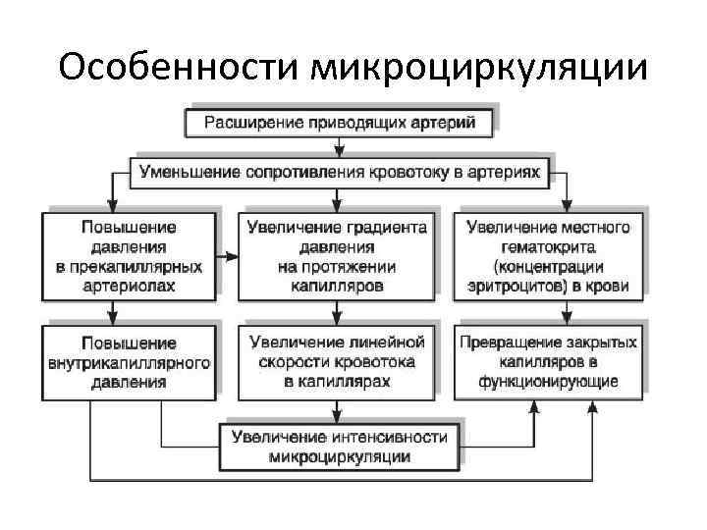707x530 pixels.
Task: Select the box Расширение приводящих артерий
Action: tap(339, 123)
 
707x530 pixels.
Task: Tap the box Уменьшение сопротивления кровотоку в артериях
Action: tap(339, 171)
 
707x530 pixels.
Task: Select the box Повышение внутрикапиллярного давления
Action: tap(129, 362)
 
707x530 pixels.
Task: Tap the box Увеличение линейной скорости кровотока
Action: tap(337, 362)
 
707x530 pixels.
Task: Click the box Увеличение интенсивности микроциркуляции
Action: tap(339, 447)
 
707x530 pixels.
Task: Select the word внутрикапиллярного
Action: tap(129, 362)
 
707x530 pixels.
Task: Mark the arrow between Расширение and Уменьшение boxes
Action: tap(339, 146)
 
